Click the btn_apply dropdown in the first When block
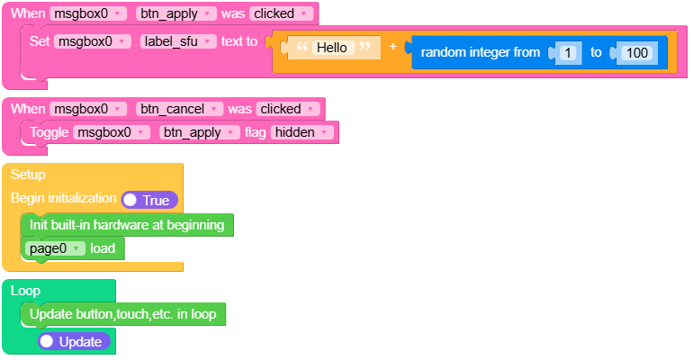(x=176, y=13)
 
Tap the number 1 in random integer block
(x=569, y=53)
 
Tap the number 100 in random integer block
(x=636, y=53)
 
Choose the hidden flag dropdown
(x=295, y=132)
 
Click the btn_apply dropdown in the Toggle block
(x=199, y=132)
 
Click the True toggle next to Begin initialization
(x=149, y=200)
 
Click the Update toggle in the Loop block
(x=74, y=342)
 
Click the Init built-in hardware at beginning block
(x=126, y=225)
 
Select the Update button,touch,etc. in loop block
(x=122, y=314)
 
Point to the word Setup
(x=28, y=174)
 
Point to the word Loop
(x=25, y=291)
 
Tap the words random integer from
(x=480, y=53)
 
